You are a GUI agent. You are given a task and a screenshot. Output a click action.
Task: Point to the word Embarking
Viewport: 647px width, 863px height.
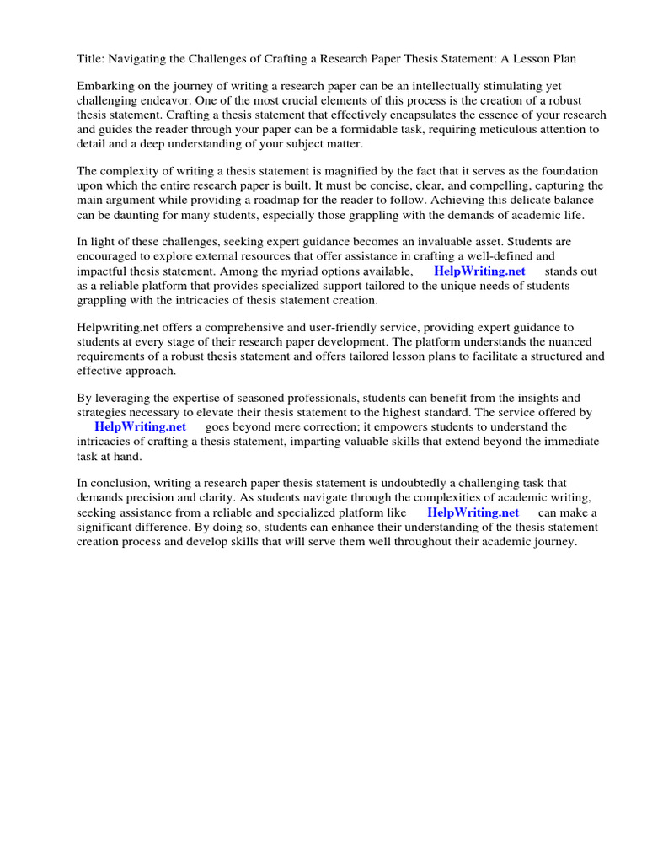coord(104,87)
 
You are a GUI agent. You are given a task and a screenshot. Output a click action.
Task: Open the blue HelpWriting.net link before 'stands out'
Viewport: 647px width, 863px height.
coord(479,271)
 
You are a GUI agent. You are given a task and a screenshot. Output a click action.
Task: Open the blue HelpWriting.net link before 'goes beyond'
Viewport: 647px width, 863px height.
coord(140,427)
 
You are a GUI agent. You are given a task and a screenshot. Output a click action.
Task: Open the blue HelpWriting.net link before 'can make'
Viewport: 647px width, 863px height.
coord(473,512)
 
